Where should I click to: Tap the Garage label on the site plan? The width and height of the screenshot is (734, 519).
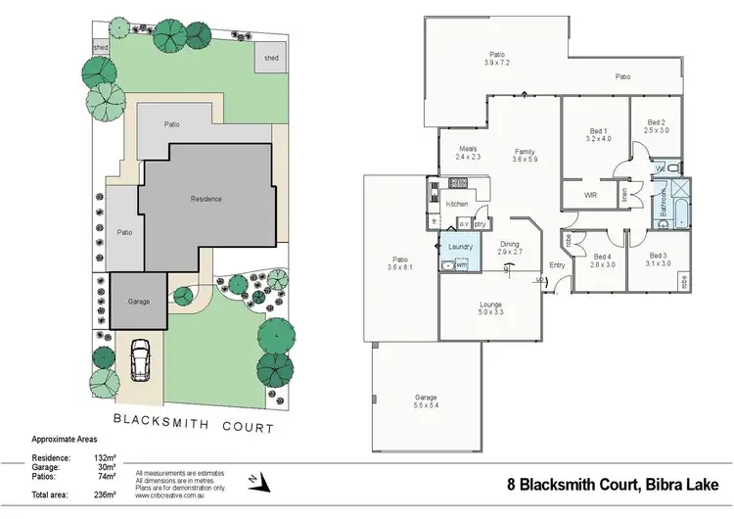point(139,302)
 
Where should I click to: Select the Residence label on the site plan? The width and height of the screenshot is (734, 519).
point(206,199)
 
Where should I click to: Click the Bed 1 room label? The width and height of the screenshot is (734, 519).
point(599,135)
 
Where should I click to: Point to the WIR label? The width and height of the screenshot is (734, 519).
point(590,195)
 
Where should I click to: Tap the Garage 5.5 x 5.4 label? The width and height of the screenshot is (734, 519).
point(425,401)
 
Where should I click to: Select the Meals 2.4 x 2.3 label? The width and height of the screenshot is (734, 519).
point(467,153)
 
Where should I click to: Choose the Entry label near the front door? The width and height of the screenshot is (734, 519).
point(557,265)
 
